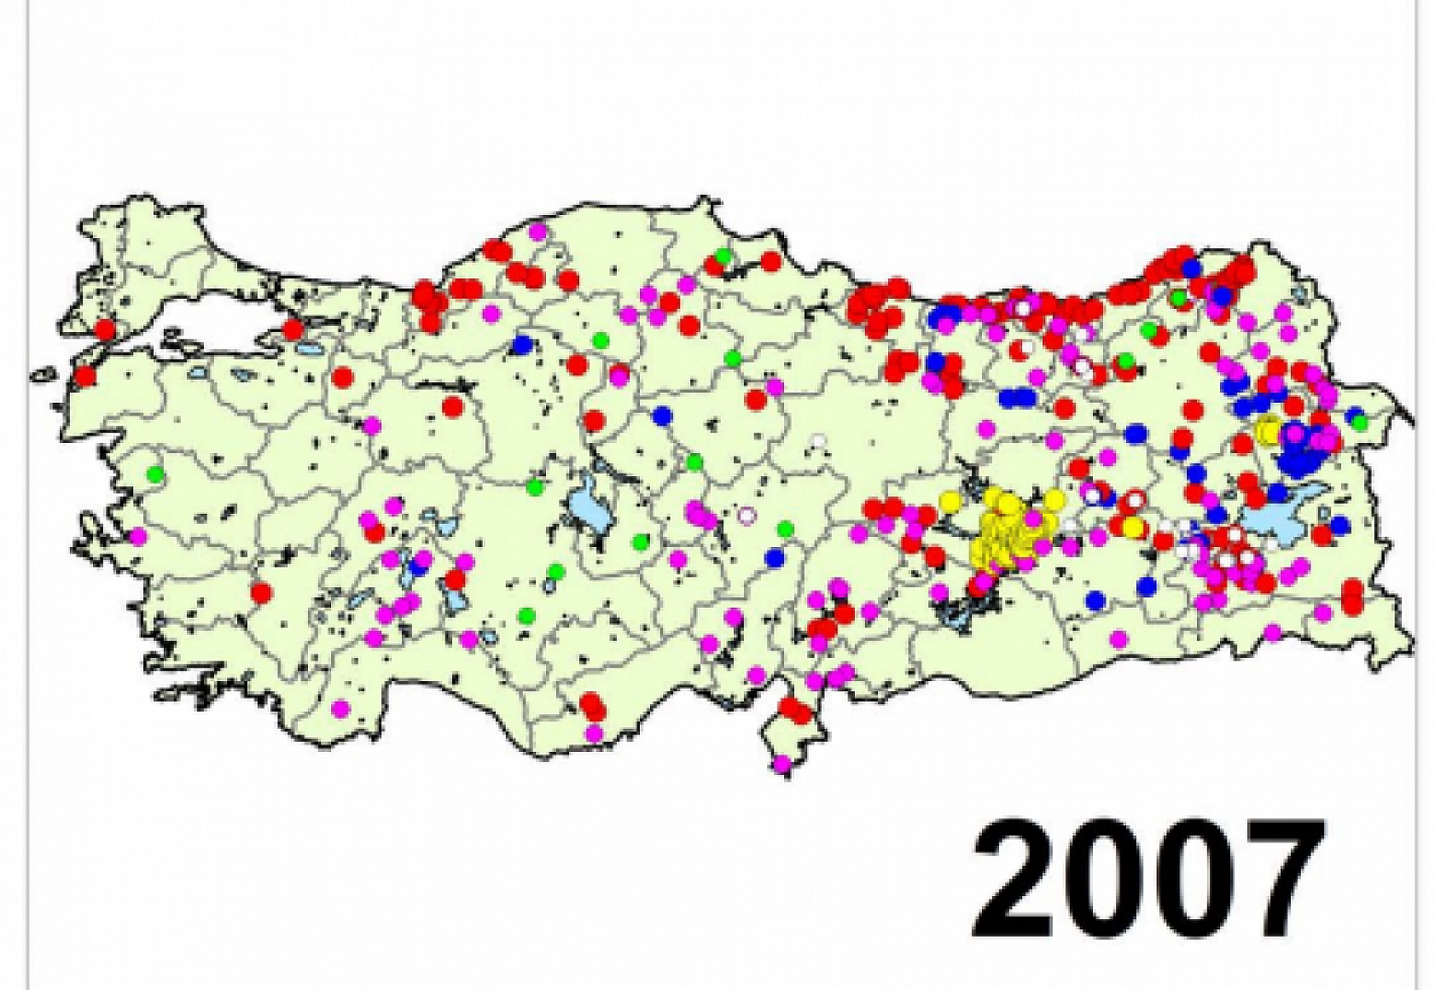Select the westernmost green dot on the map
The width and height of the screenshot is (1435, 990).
click(155, 473)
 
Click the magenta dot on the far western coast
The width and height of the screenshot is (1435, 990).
click(138, 537)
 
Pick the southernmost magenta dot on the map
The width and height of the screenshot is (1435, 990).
click(782, 764)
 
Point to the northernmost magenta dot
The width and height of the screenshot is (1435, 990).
click(537, 231)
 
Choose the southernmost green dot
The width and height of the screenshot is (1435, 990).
click(527, 614)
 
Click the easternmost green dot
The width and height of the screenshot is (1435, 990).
click(1360, 422)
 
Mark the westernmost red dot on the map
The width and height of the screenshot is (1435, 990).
click(84, 376)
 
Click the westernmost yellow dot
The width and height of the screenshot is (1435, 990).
click(949, 501)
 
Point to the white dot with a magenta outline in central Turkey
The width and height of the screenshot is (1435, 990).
click(747, 515)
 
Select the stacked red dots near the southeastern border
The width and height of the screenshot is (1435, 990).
click(1352, 596)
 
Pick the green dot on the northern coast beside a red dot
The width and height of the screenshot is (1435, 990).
click(723, 255)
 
